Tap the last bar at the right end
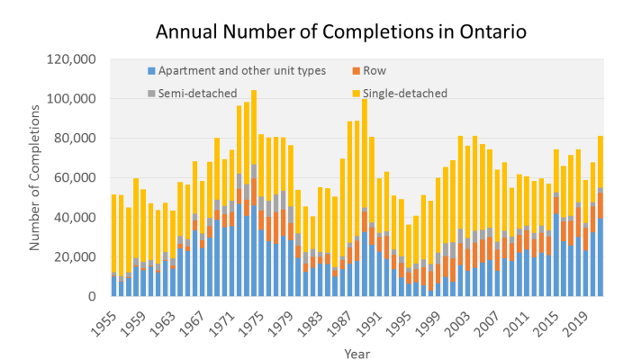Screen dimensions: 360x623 point(600,216)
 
